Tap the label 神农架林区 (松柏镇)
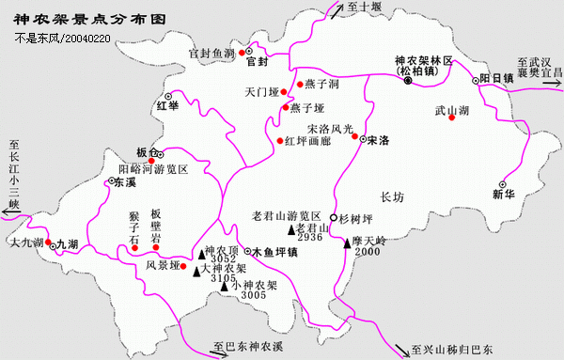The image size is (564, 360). coord(422,65)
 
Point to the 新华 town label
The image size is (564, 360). coord(505,195)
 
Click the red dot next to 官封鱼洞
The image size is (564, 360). coord(241,53)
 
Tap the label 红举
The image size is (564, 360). coord(167,105)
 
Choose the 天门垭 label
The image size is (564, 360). coord(262,93)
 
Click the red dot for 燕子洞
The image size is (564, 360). coord(298,85)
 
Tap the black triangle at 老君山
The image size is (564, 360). coord(291,230)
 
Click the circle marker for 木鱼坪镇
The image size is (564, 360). coord(246,252)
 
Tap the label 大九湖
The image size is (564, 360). coord(25,243)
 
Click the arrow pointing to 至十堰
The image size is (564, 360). coord(336,8)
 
